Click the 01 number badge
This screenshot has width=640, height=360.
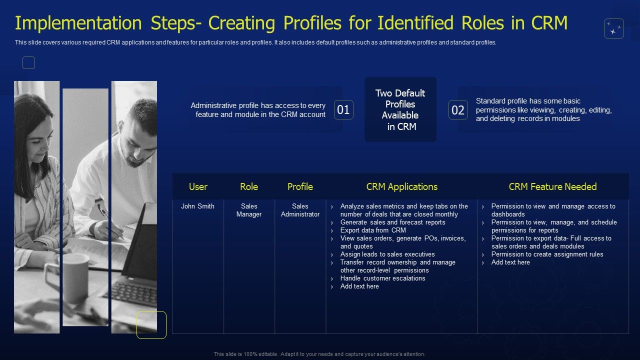[343, 110]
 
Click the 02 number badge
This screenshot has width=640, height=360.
[458, 110]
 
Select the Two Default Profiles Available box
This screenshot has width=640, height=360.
[400, 109]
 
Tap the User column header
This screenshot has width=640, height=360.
[198, 186]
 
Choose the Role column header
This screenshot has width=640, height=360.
[249, 186]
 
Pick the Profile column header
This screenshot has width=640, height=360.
[300, 186]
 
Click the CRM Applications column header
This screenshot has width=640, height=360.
[401, 186]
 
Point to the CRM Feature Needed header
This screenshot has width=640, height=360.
[552, 186]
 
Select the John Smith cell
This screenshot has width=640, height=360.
[198, 206]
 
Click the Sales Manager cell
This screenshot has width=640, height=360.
[249, 210]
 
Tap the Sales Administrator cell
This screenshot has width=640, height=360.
[300, 210]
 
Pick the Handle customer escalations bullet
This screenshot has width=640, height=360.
[382, 278]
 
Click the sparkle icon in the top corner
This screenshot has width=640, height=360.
[613, 29]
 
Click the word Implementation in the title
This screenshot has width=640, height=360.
[71, 23]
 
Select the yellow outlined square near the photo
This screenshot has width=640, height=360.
[151, 324]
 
